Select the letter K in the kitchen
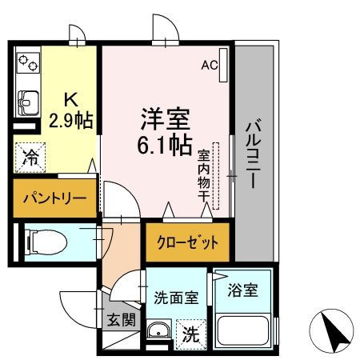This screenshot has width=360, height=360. coord(70,100)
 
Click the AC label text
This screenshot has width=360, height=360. coord(209,64)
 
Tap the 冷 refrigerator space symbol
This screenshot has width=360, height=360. coord(30,157)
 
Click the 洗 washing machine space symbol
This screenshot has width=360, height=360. coord(190,333)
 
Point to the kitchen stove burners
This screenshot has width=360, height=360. coord(28,62)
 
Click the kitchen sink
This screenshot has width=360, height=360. coord(28,102)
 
